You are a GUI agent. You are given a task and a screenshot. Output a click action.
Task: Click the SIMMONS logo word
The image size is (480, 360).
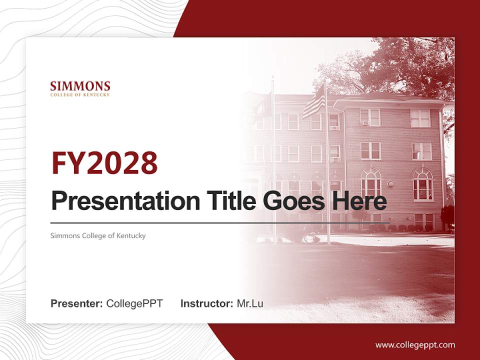pyautogui.click(x=80, y=85)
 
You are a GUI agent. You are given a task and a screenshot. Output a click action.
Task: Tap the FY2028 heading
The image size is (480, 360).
pyautogui.click(x=104, y=163)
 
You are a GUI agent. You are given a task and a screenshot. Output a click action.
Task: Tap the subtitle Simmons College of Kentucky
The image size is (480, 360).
pyautogui.click(x=98, y=235)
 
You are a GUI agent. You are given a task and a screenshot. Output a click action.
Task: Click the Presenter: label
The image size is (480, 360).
pyautogui.click(x=77, y=303)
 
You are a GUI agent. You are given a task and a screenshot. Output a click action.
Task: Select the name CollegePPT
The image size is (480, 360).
pyautogui.click(x=134, y=303)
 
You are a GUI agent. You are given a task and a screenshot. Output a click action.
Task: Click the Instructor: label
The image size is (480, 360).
pyautogui.click(x=206, y=303)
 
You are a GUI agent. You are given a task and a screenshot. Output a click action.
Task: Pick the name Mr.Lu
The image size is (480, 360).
pyautogui.click(x=250, y=303)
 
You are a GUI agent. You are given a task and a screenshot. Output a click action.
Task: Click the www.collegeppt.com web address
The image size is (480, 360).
pyautogui.click(x=415, y=344)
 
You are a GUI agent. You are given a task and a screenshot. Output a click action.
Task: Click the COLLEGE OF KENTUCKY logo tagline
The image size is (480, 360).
pyautogui.click(x=80, y=94)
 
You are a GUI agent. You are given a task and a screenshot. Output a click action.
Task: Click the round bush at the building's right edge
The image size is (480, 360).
pyautogui.click(x=447, y=215)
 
